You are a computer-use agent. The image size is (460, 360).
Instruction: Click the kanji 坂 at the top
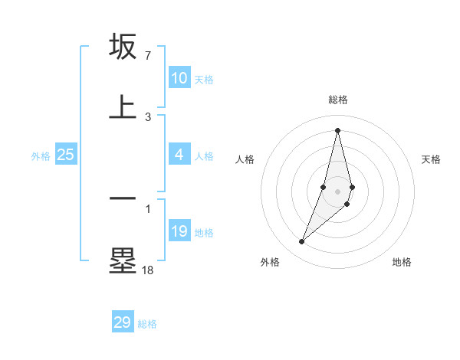(x=123, y=47)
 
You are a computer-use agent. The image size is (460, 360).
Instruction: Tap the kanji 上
(x=123, y=106)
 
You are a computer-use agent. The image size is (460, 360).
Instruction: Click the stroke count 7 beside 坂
(x=148, y=56)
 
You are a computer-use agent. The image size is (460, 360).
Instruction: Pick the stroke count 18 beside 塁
(x=147, y=270)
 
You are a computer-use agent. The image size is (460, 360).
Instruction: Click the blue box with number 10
(x=179, y=78)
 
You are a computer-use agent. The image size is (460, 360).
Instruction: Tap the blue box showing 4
(x=179, y=155)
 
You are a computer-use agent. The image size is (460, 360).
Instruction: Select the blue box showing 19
(x=179, y=231)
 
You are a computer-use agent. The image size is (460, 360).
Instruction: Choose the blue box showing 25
(x=66, y=155)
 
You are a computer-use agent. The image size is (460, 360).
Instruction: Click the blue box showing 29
(x=123, y=322)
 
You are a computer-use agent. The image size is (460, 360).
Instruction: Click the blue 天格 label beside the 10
(x=204, y=80)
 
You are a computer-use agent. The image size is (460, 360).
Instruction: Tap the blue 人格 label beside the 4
(x=204, y=156)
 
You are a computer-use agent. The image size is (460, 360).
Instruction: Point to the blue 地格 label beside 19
(x=204, y=233)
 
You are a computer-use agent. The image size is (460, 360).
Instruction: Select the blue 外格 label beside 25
(x=41, y=156)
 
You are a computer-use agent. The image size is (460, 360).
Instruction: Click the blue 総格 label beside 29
(x=147, y=324)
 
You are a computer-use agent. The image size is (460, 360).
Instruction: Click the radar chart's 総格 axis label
(x=337, y=100)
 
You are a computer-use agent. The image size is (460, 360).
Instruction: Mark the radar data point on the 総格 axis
(x=337, y=129)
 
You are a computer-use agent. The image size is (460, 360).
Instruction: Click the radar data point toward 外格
(x=301, y=242)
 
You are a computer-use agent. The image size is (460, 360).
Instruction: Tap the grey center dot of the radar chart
(x=337, y=191)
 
